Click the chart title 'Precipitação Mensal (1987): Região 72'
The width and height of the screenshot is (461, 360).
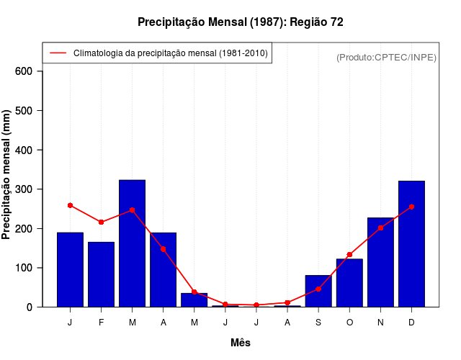[241, 22]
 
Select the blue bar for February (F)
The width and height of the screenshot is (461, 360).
[101, 274]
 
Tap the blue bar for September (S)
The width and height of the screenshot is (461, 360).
[318, 292]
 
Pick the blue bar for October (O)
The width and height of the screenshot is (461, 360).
[349, 283]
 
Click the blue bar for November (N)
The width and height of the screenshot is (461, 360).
[380, 262]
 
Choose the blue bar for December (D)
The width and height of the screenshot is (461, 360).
[411, 244]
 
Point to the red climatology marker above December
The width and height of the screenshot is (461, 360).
[411, 207]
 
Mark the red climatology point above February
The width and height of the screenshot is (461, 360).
[101, 222]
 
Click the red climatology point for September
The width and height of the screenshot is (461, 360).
[318, 289]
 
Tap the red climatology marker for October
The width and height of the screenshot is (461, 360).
[349, 254]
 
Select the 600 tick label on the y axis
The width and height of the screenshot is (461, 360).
[24, 71]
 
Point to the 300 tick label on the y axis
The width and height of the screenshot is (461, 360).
[24, 189]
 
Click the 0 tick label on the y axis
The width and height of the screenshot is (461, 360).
[30, 307]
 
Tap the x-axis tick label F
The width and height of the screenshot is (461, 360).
[101, 323]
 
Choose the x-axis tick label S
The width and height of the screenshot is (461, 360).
[318, 323]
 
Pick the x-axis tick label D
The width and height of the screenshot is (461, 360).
[411, 323]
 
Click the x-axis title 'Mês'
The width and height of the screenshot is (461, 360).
[241, 343]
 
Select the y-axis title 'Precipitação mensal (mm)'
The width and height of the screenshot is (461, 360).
[7, 175]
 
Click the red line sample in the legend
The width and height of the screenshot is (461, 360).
[58, 53]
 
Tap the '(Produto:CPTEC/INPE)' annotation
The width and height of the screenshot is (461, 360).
[386, 57]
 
